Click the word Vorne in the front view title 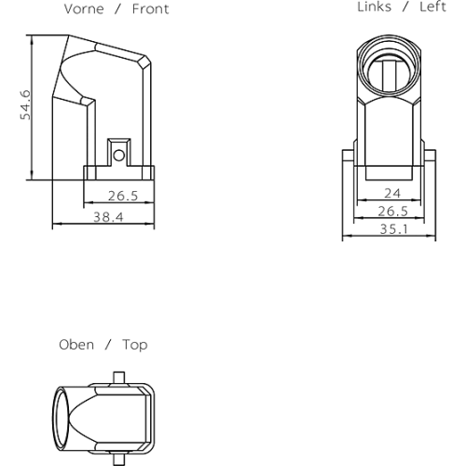pos(84,9)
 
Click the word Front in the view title pos(150,9)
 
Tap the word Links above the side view pos(374,7)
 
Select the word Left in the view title pos(432,7)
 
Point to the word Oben pos(76,345)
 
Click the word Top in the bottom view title pos(135,345)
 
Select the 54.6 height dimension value pos(25,105)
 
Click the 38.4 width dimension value pos(108,217)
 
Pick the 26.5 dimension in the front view pos(123,196)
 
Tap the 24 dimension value pos(392,194)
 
